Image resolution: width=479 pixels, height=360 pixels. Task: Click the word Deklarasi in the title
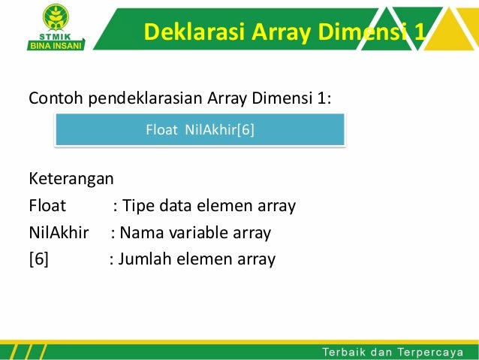[x=180, y=32]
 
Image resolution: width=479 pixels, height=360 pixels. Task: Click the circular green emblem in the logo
[x=54, y=15]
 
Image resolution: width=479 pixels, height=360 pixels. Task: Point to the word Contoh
[x=54, y=98]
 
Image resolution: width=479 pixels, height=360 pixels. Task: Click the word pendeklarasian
[x=143, y=98]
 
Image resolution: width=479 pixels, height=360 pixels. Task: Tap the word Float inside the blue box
[x=162, y=130]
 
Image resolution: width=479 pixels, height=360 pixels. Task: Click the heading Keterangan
[x=71, y=179]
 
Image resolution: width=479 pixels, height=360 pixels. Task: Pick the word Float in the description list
[x=47, y=206]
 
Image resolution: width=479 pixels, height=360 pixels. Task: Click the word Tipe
[x=137, y=206]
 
